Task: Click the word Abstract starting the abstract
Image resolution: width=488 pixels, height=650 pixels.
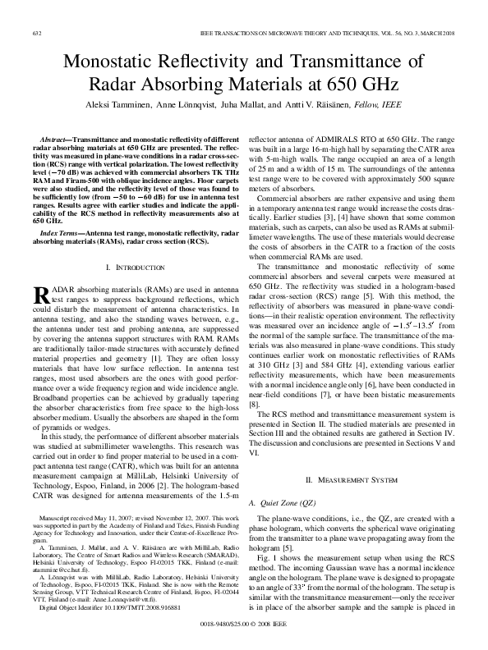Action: pos(55,142)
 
